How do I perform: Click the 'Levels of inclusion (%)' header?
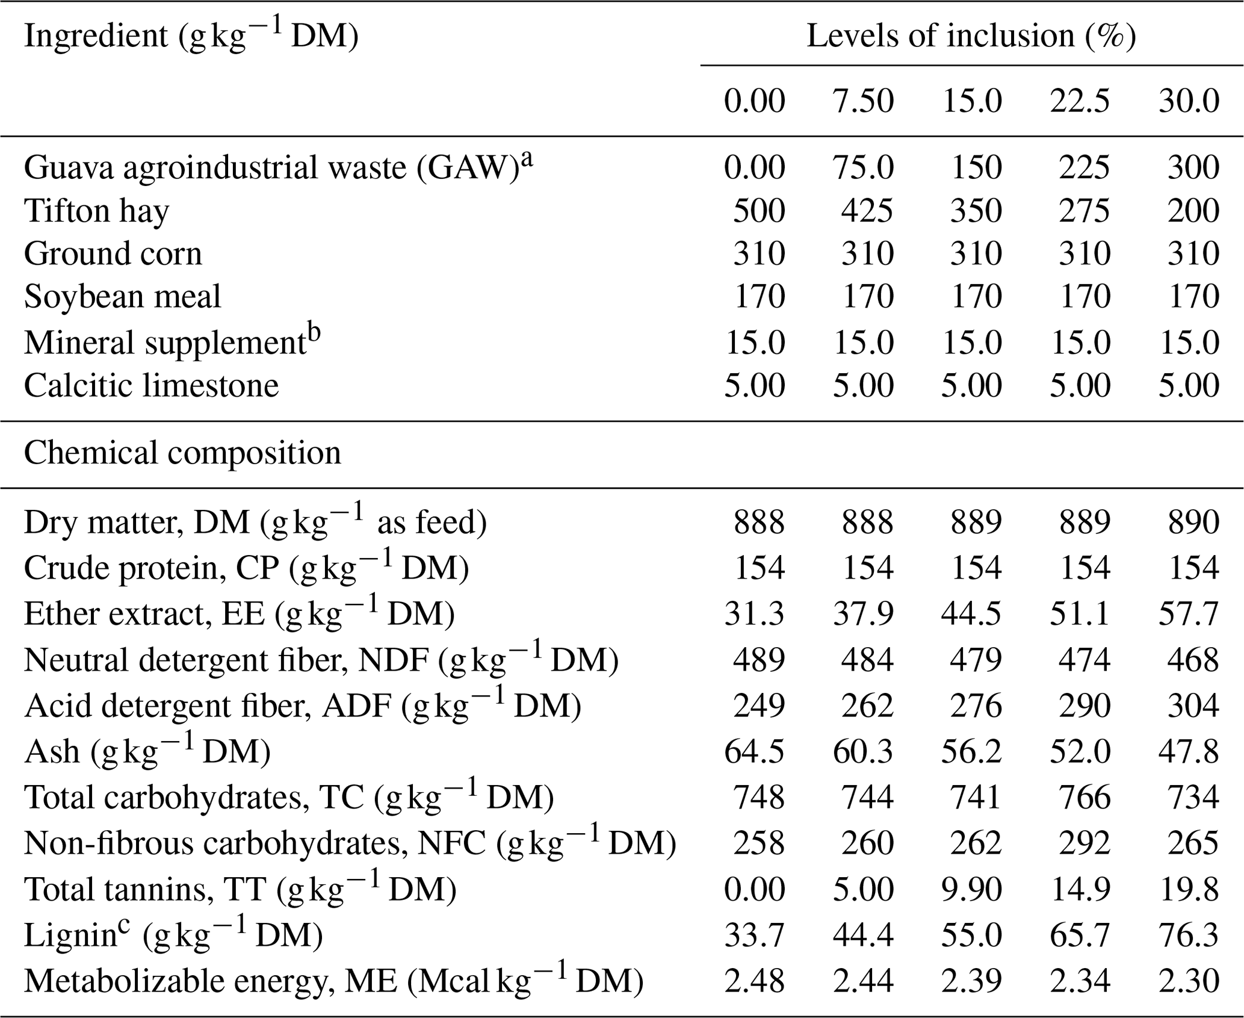(x=971, y=36)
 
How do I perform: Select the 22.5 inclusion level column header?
(x=1080, y=101)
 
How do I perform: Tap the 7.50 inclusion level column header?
(x=863, y=101)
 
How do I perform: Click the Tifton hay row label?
(x=96, y=211)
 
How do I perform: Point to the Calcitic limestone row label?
(x=151, y=385)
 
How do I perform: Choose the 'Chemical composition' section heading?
(x=182, y=453)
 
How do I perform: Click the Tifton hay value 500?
(x=759, y=211)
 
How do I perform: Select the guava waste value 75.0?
(x=863, y=167)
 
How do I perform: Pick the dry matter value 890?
(x=1193, y=523)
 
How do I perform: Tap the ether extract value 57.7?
(x=1189, y=614)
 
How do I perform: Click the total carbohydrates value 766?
(x=1085, y=797)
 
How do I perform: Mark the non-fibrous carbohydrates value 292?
(x=1085, y=843)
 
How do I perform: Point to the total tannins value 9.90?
(x=971, y=889)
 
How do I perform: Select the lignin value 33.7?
(x=755, y=935)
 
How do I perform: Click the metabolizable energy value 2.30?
(x=1189, y=981)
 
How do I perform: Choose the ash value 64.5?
(x=755, y=751)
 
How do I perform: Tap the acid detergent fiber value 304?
(x=1193, y=706)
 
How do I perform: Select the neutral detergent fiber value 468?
(x=1193, y=660)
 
